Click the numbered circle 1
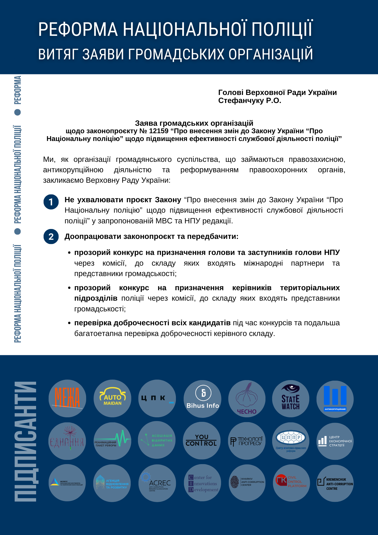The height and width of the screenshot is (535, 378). pyautogui.click(x=51, y=202)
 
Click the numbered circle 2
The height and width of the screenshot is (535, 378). pyautogui.click(x=51, y=236)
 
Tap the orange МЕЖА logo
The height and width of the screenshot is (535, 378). pyautogui.click(x=67, y=398)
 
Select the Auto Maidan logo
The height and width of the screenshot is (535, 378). pyautogui.click(x=112, y=398)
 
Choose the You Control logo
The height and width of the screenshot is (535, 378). pyautogui.click(x=201, y=441)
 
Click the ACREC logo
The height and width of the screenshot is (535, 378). pyautogui.click(x=157, y=483)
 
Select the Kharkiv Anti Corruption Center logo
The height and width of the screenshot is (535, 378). pyautogui.click(x=247, y=483)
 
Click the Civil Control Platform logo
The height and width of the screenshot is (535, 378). pyautogui.click(x=291, y=483)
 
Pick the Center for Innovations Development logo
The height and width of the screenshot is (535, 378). pyautogui.click(x=203, y=483)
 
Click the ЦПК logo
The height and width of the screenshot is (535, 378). pyautogui.click(x=157, y=398)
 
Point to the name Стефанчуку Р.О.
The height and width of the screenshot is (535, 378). pyautogui.click(x=249, y=101)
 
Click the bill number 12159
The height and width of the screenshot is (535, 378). pyautogui.click(x=159, y=131)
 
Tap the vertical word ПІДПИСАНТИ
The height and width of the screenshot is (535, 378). pyautogui.click(x=26, y=441)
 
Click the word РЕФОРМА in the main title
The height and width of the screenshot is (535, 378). pyautogui.click(x=78, y=29)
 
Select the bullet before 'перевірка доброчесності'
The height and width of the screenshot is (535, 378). pyautogui.click(x=69, y=323)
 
